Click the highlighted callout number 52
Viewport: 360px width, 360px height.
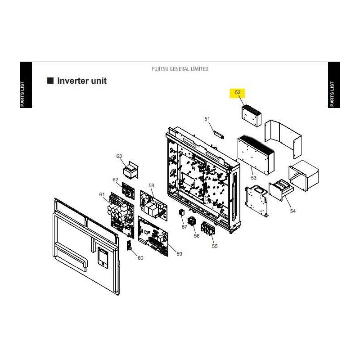(238, 92)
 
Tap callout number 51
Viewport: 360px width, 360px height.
(207, 119)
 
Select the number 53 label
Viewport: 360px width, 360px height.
(253, 178)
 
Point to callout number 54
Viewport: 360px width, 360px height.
(293, 211)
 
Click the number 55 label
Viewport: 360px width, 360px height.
(215, 246)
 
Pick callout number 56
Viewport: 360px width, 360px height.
(197, 236)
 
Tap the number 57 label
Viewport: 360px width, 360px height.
(184, 227)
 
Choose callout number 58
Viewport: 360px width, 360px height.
(151, 185)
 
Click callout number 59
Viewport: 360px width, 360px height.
(179, 254)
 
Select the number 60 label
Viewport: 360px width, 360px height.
(140, 258)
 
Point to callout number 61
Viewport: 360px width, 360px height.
(102, 194)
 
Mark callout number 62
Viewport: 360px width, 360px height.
(115, 180)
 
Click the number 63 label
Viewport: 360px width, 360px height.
(119, 156)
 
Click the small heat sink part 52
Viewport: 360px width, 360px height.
(252, 116)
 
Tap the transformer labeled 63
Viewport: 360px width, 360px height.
(130, 170)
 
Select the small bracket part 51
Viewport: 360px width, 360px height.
(219, 135)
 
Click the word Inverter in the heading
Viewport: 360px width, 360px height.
(73, 81)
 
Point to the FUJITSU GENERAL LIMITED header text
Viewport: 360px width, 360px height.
(180, 69)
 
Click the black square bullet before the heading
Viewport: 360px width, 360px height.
(50, 81)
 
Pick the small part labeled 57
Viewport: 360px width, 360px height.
(182, 212)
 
